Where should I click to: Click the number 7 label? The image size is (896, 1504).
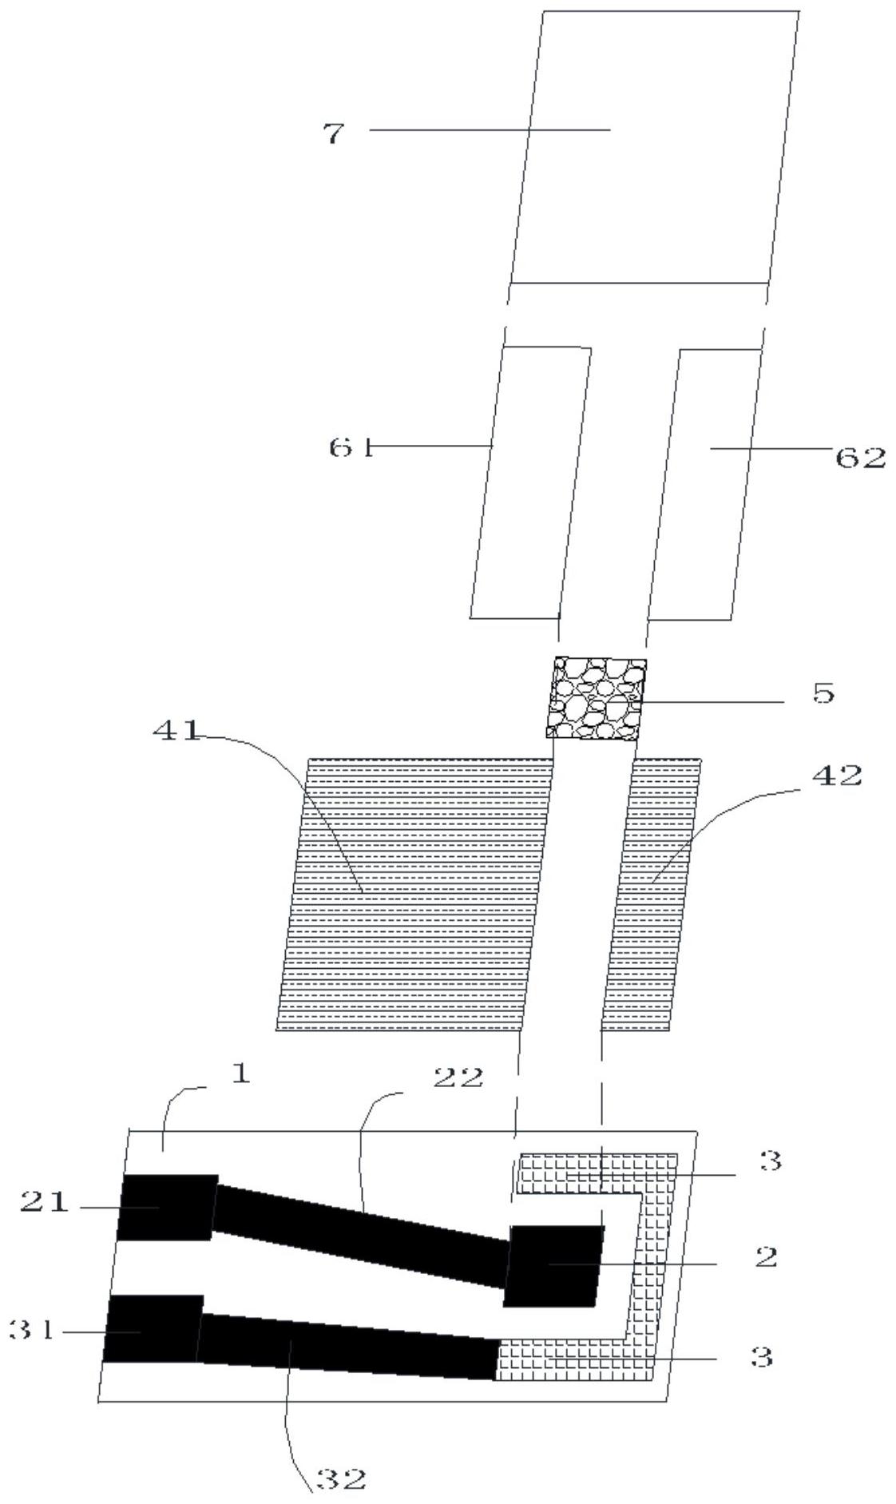[x=333, y=133]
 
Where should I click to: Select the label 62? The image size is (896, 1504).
[x=860, y=458]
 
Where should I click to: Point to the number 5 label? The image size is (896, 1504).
[x=823, y=692]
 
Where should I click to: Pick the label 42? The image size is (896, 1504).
[x=838, y=775]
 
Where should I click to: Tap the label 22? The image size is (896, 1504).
[x=458, y=1078]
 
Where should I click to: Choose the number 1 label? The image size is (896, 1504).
[x=240, y=1073]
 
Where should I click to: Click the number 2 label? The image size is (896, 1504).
[x=765, y=1257]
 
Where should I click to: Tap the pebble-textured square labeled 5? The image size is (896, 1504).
[x=596, y=697]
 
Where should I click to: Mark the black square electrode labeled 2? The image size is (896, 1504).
[x=553, y=1265]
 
